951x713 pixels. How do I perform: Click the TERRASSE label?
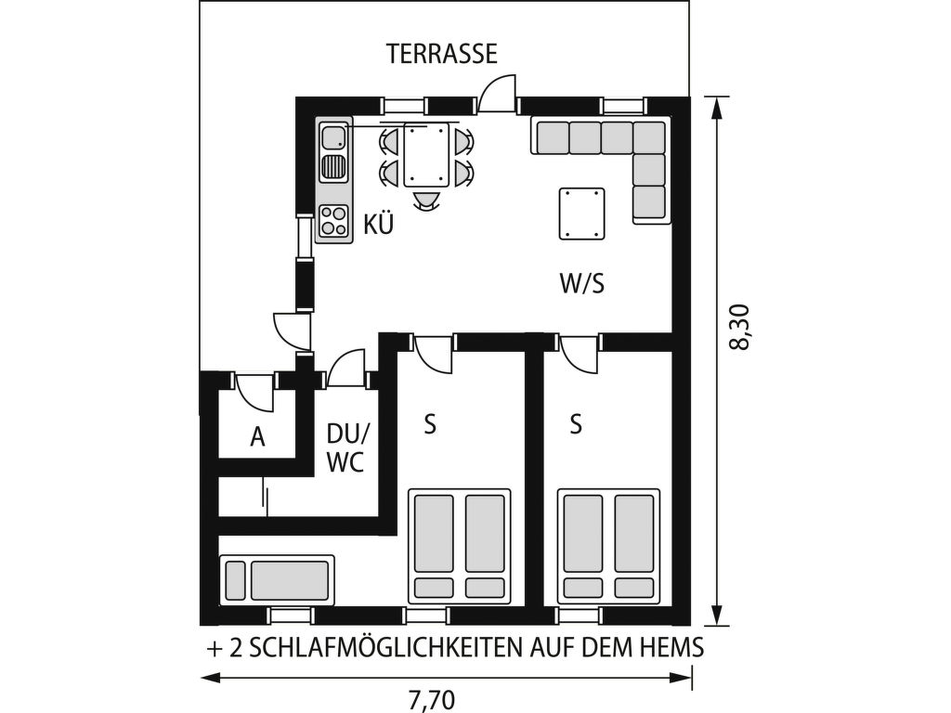point(442,53)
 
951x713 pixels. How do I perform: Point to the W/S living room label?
point(582,283)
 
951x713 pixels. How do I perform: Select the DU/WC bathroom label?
point(348,448)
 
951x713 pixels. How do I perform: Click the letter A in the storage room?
point(257,436)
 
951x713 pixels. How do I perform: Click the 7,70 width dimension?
point(431,701)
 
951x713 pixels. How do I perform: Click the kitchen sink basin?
point(332,137)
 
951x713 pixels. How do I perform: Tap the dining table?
point(427,154)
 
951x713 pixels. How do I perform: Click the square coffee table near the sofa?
point(582,214)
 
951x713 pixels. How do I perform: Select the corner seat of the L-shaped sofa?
point(649,137)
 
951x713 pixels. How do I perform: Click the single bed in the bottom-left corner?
point(277,580)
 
